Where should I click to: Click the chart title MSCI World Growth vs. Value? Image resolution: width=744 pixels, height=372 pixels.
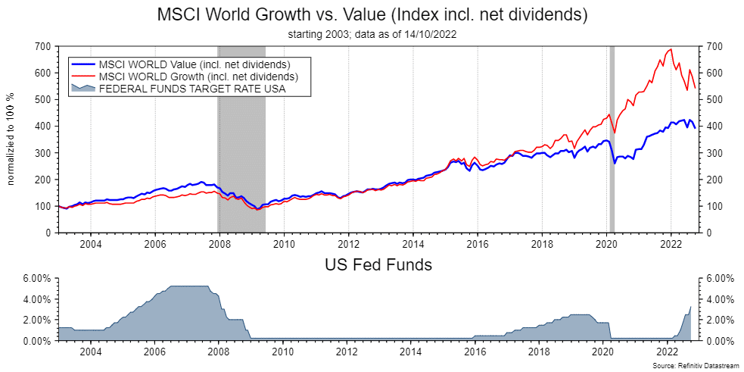click(x=372, y=14)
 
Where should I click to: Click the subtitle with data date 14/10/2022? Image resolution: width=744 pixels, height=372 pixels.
click(x=372, y=34)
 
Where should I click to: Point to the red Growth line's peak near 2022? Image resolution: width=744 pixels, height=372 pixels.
click(x=671, y=50)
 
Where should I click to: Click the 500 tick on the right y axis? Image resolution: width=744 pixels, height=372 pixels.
click(x=718, y=100)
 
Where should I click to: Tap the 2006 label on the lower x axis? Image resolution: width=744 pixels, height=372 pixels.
click(x=155, y=352)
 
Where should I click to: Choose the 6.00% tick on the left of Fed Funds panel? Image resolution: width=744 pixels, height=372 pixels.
click(x=35, y=279)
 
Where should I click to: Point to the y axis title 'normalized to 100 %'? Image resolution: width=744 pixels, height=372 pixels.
click(x=11, y=139)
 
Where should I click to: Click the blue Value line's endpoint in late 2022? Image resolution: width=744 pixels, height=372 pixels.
click(x=695, y=128)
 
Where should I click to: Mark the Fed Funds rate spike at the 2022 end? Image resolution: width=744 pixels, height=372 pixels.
click(x=690, y=308)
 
